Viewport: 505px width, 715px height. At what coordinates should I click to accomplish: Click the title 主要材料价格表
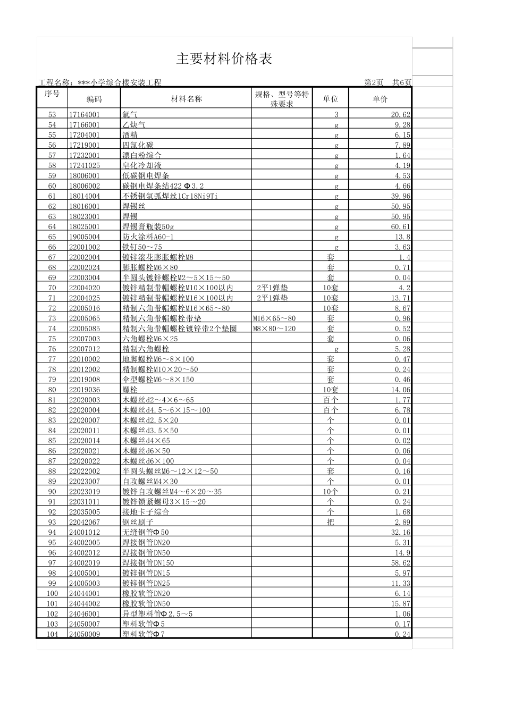click(x=224, y=59)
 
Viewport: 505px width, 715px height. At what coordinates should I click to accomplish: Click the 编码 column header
click(x=94, y=99)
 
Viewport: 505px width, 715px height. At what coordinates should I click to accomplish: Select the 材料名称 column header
click(x=186, y=99)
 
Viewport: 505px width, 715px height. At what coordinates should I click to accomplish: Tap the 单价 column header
click(x=380, y=99)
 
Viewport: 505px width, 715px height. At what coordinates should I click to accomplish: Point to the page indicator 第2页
click(x=374, y=82)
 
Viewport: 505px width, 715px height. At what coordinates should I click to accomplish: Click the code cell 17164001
click(x=84, y=115)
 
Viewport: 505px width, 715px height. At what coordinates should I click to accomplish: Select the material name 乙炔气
click(x=134, y=125)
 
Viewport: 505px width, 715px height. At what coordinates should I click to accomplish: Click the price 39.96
click(x=400, y=196)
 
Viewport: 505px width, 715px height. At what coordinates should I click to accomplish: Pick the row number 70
click(x=52, y=288)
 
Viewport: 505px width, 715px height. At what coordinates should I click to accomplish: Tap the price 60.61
click(x=400, y=226)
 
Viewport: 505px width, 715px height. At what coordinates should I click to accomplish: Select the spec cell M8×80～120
click(x=274, y=329)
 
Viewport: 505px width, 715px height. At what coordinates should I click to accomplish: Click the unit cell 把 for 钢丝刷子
click(x=331, y=522)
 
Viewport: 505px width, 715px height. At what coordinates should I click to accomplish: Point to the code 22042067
click(x=84, y=522)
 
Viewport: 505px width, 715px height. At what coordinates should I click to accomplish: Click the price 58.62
click(x=400, y=562)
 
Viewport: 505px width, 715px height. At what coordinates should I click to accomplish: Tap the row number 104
click(x=52, y=634)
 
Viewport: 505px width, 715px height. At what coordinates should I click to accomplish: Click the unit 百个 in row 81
click(x=331, y=400)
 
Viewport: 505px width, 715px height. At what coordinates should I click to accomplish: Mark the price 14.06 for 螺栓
click(x=400, y=390)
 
